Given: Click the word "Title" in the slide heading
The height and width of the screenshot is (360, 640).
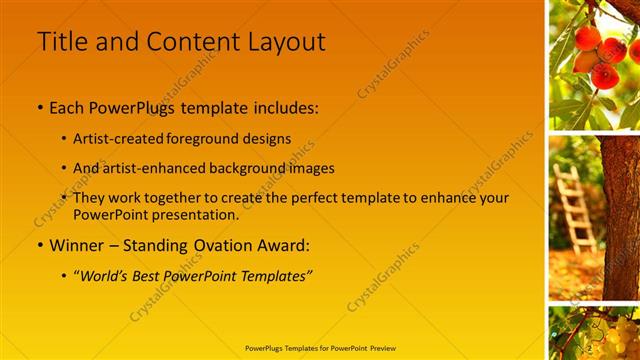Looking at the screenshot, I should pyautogui.click(x=60, y=42).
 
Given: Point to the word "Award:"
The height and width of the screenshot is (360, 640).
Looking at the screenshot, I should pyautogui.click(x=281, y=244).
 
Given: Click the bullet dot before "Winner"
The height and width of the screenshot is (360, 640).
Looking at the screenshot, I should pyautogui.click(x=40, y=245).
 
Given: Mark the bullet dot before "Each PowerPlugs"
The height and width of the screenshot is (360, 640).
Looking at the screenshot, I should pyautogui.click(x=40, y=107).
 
